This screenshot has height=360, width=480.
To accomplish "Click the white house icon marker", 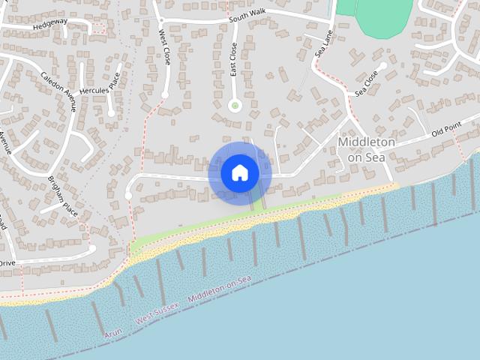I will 240,173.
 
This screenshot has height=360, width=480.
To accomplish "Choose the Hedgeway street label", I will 49,23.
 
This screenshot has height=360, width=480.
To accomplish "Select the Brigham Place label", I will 63,195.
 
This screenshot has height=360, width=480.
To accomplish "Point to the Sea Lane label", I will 323,44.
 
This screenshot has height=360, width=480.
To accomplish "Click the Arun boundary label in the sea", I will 114,330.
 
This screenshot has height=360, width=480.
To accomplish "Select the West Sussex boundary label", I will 157,314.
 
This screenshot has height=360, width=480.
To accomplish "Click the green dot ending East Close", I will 235,106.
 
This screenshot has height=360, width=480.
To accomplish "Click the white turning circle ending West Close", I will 165,94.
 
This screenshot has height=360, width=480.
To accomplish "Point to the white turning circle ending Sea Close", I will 383,66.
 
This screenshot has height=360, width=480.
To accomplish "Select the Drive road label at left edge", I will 7,263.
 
